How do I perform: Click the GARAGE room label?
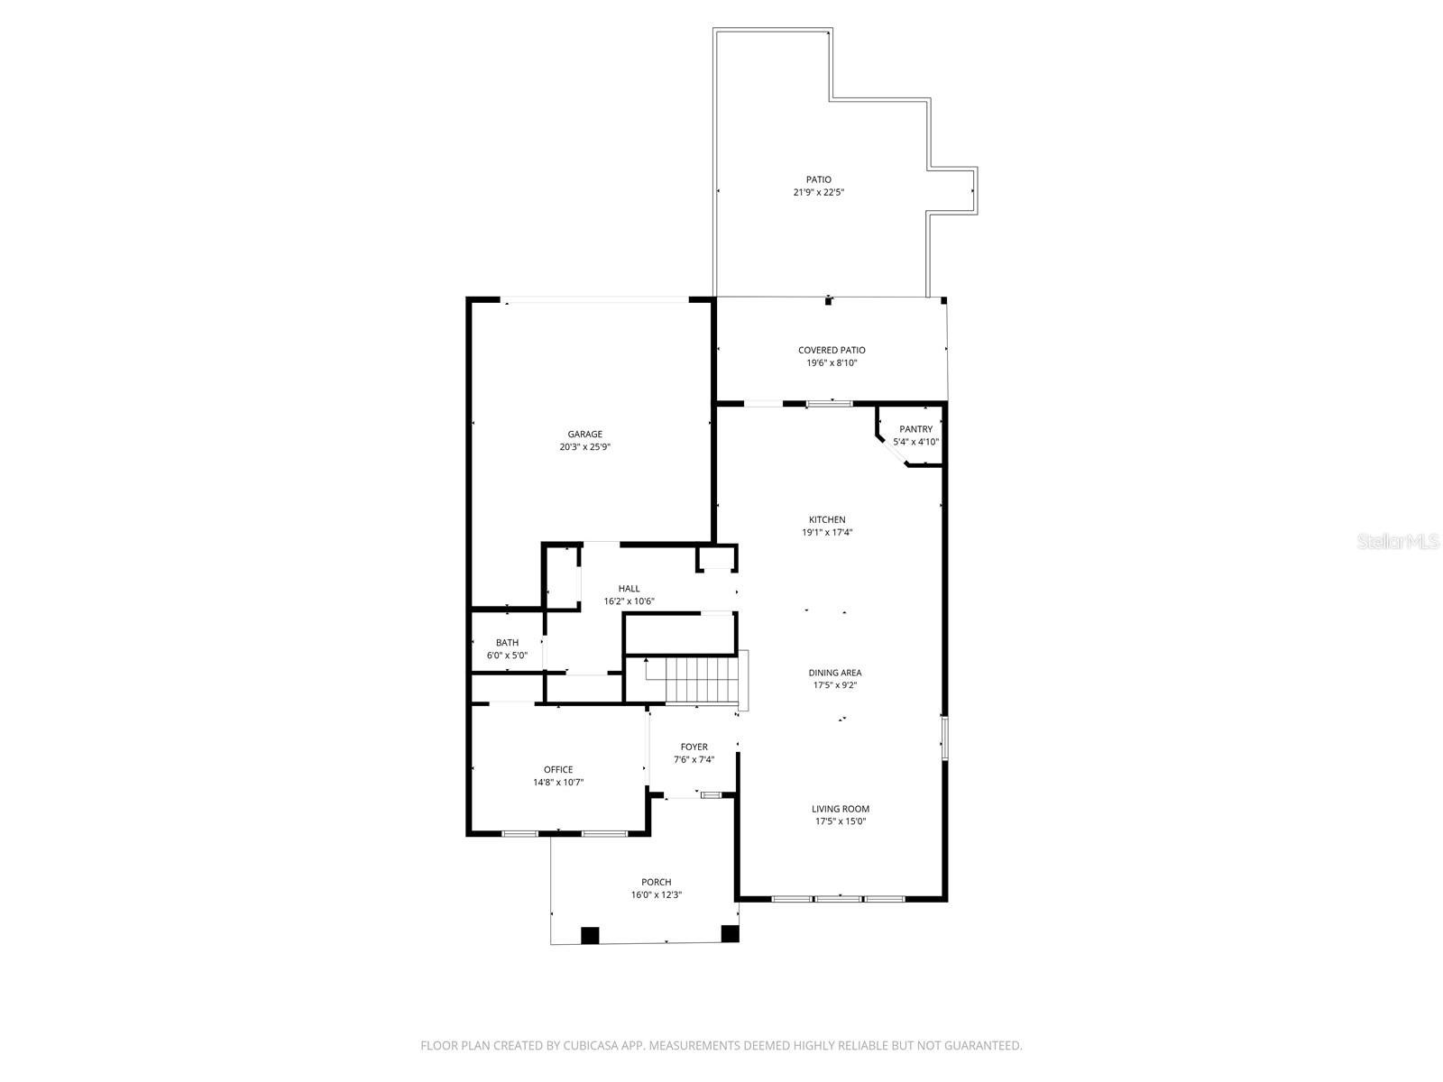[584, 434]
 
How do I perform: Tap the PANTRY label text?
[915, 429]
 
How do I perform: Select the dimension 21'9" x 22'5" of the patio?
[819, 192]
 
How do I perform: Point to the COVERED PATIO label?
[832, 350]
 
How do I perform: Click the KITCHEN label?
[827, 519]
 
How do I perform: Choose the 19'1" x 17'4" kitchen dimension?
[827, 533]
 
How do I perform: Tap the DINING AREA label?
[835, 673]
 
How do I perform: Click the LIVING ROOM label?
[841, 809]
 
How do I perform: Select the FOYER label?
[694, 747]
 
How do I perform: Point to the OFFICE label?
[558, 769]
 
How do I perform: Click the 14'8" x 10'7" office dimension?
[558, 783]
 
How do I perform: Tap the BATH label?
[507, 643]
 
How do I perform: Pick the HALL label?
[629, 589]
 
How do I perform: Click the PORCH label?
[656, 883]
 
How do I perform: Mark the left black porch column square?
[590, 935]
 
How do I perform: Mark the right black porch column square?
[730, 933]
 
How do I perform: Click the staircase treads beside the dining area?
[702, 680]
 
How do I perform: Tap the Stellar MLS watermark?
[1398, 541]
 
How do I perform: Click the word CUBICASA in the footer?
[591, 1045]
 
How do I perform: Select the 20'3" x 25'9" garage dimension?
[584, 446]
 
